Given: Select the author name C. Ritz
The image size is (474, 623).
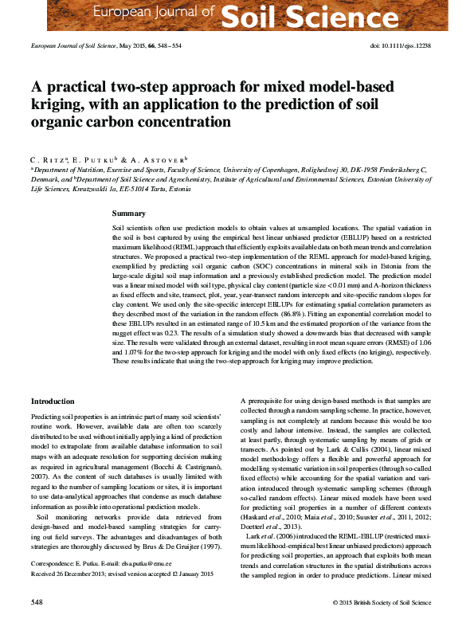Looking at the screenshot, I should point(47,160).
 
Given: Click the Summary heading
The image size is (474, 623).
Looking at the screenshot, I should point(128,214).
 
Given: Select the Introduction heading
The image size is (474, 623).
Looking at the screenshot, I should point(53,401).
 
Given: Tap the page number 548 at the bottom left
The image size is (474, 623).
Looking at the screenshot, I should point(37,601).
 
